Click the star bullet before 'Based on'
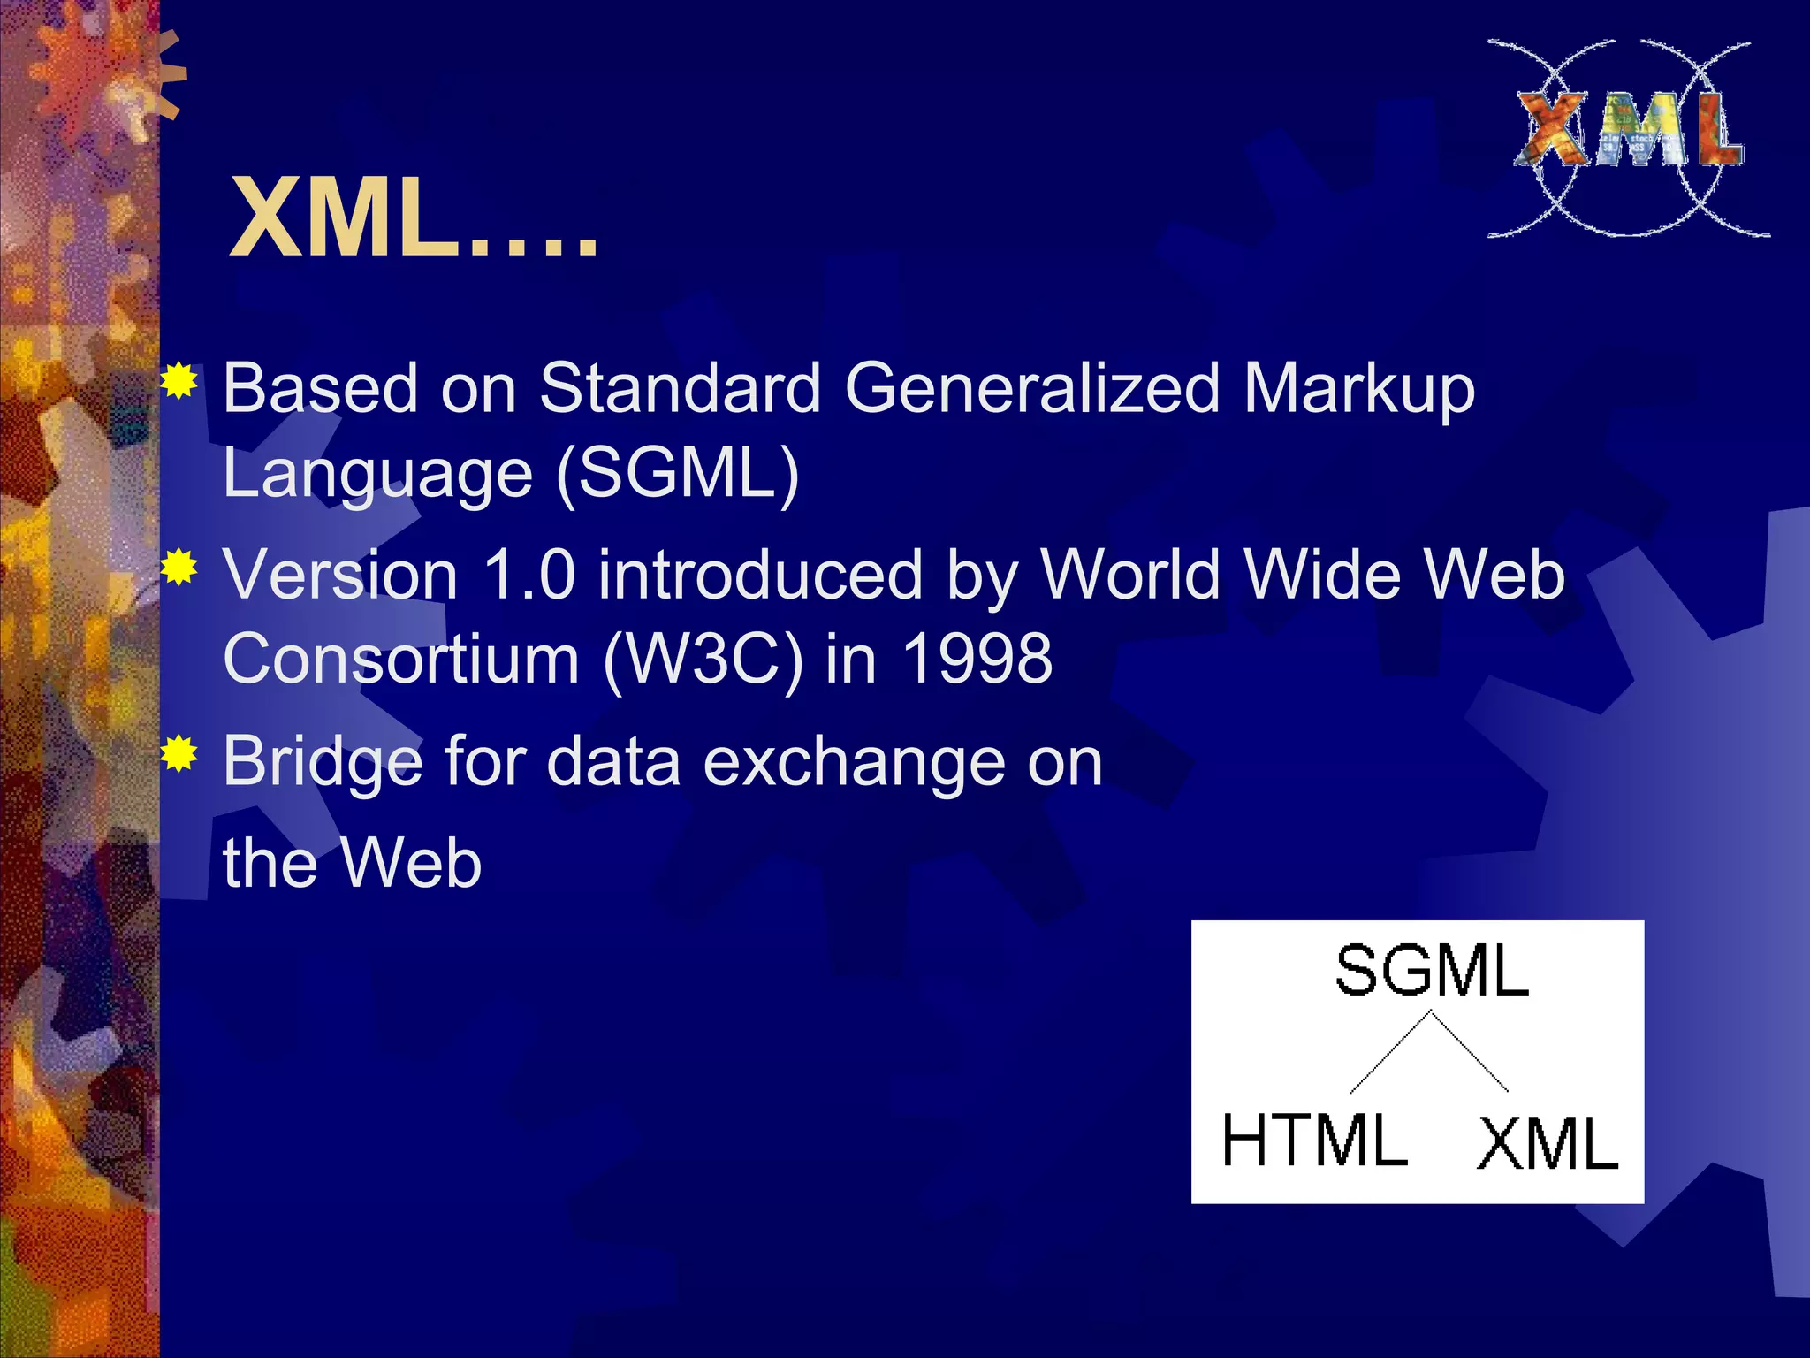pyautogui.click(x=179, y=382)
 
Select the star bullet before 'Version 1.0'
pyautogui.click(x=179, y=568)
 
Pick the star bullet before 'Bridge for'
pyautogui.click(x=179, y=754)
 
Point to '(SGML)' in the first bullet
pyautogui.click(x=677, y=473)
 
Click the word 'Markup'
pyautogui.click(x=1359, y=389)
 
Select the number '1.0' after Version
pyautogui.click(x=529, y=575)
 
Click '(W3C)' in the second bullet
pyautogui.click(x=703, y=660)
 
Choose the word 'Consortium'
pyautogui.click(x=401, y=660)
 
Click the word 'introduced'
pyautogui.click(x=759, y=575)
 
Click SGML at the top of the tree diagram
pyautogui.click(x=1432, y=971)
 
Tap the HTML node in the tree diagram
pyautogui.click(x=1314, y=1141)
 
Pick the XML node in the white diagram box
pyautogui.click(x=1548, y=1144)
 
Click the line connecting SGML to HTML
pyautogui.click(x=1389, y=1053)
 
